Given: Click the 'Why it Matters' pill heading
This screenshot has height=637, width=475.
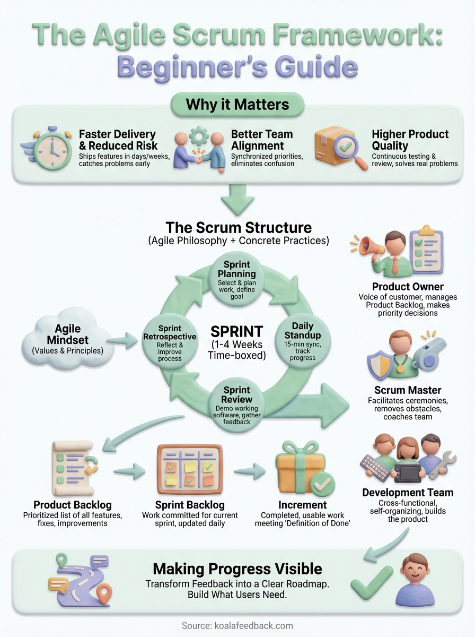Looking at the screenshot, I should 237,104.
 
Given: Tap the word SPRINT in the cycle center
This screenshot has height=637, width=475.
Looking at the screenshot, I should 236,332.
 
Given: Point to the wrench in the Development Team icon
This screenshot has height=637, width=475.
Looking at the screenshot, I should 439,463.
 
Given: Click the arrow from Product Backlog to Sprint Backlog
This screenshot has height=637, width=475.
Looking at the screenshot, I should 129,469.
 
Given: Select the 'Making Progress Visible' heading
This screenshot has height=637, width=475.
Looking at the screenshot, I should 237,569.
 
